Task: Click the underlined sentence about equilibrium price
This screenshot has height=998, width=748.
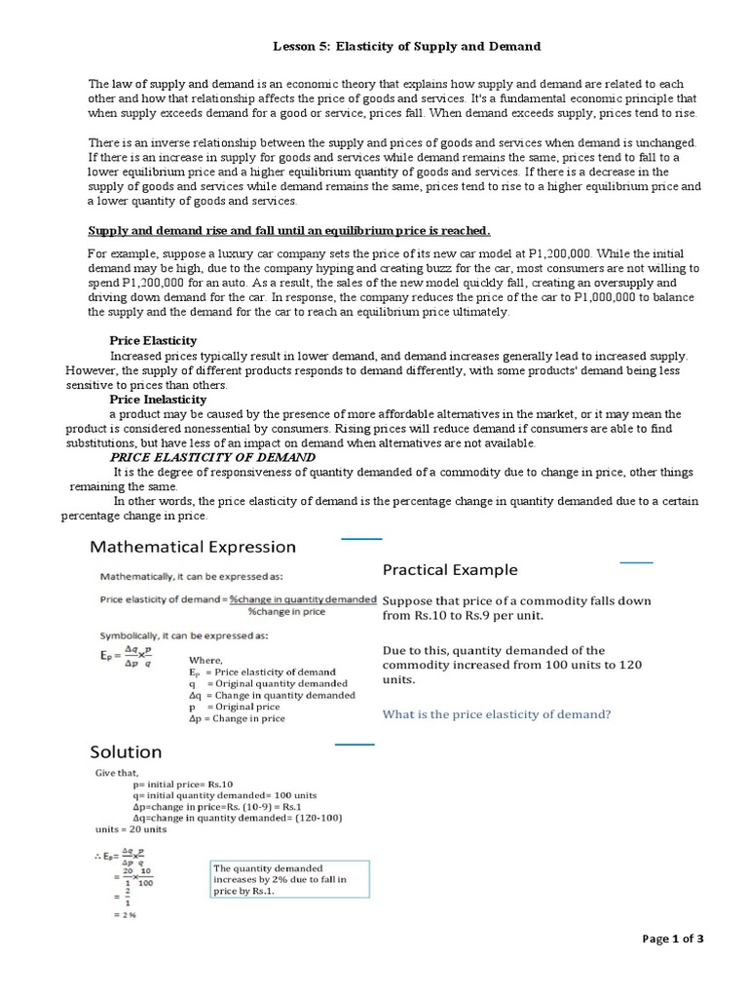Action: click(x=289, y=230)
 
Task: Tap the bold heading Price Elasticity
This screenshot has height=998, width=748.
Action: click(x=153, y=340)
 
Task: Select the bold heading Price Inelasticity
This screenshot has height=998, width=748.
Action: click(x=158, y=400)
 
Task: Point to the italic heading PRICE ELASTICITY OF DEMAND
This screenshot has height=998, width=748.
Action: click(x=212, y=457)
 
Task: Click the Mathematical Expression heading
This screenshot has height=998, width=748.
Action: click(x=193, y=547)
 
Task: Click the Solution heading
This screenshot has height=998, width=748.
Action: click(x=126, y=751)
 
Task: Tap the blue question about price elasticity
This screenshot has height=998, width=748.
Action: click(x=497, y=714)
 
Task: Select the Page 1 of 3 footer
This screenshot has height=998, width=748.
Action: click(x=672, y=939)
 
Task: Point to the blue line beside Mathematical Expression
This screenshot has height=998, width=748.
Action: click(x=361, y=538)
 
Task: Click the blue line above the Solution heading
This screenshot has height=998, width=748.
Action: click(x=355, y=745)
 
